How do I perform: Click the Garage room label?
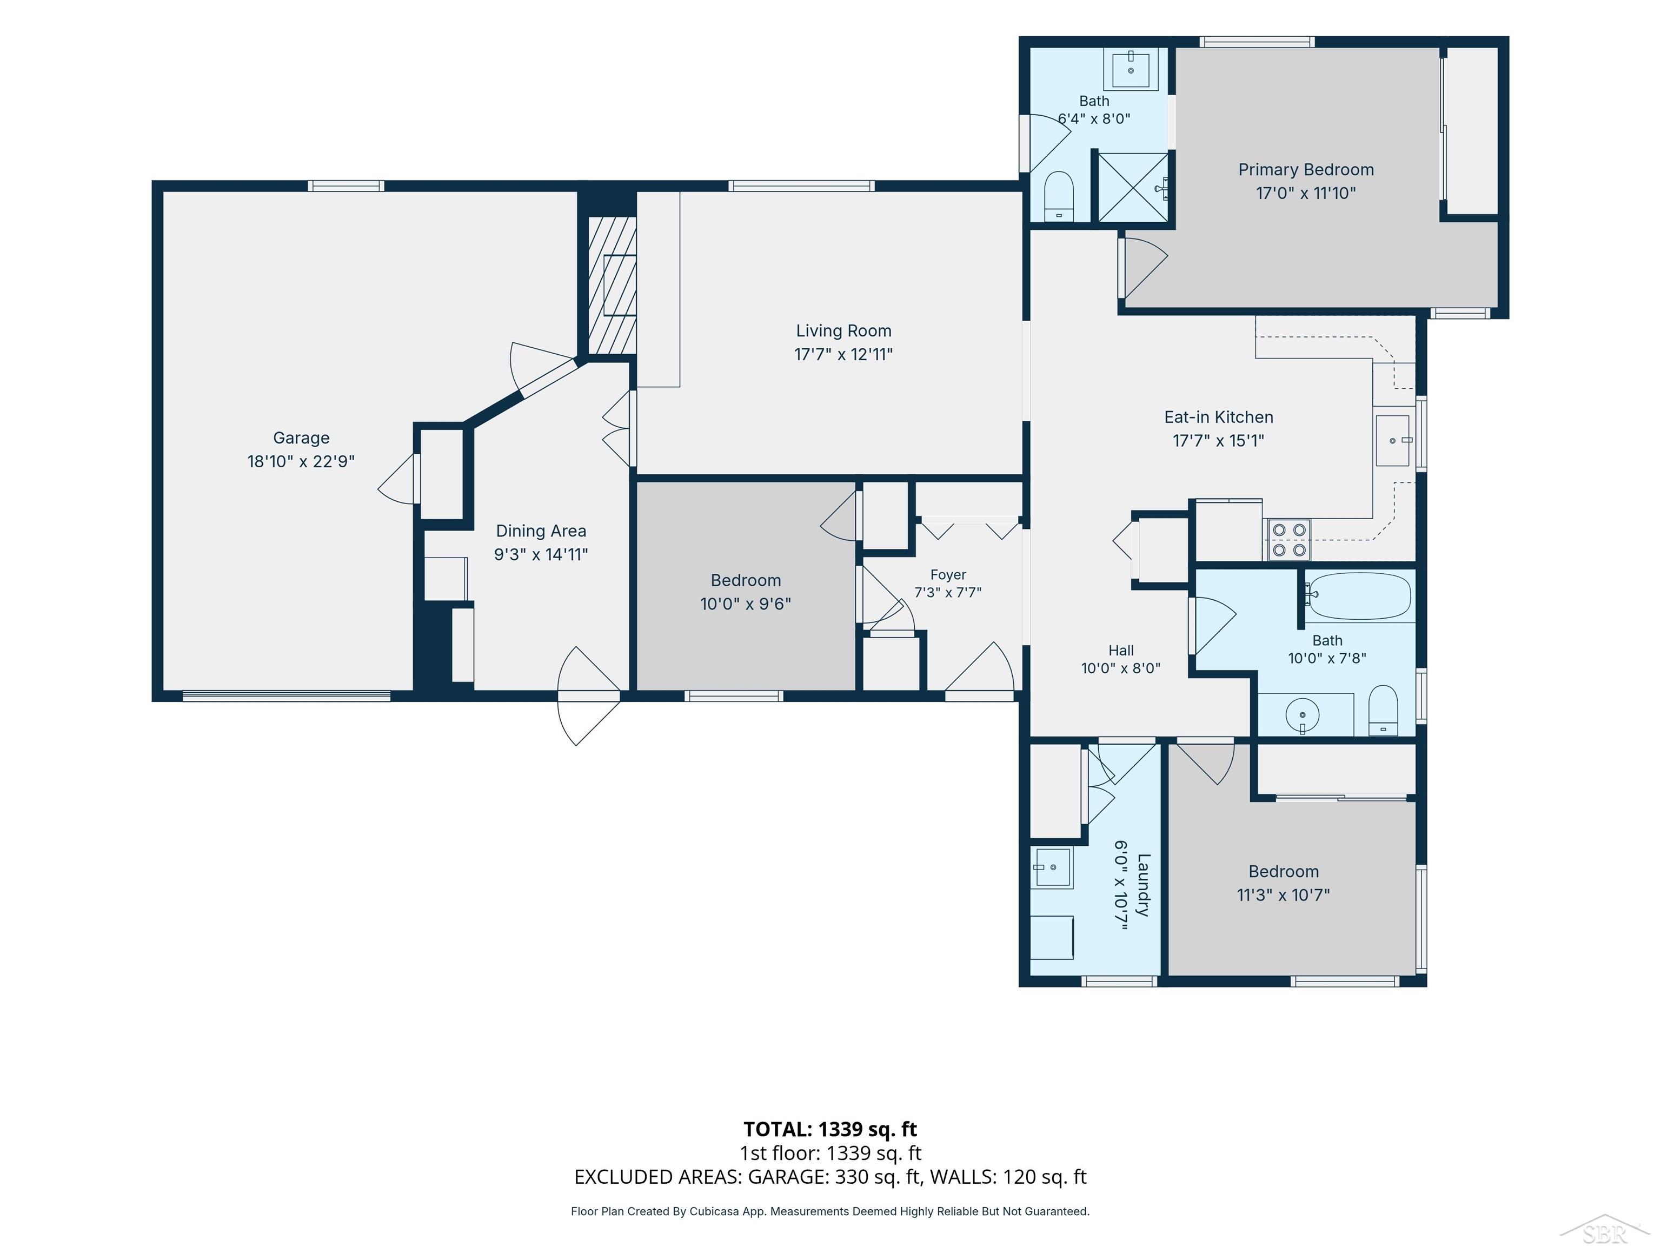point(301,438)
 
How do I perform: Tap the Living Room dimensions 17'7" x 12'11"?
point(843,355)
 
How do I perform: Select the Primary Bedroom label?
point(1306,170)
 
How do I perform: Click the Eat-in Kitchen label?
point(1219,417)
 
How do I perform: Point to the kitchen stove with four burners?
point(1288,540)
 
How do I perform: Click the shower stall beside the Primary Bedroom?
point(1133,187)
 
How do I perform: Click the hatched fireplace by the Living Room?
point(612,286)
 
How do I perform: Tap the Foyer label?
point(948,574)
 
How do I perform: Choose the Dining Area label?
point(541,531)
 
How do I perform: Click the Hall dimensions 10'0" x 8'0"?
point(1120,668)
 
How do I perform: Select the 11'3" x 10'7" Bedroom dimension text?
point(1283,895)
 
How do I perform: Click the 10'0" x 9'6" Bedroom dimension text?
point(746,604)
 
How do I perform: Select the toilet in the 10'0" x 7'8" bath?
point(1383,711)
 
